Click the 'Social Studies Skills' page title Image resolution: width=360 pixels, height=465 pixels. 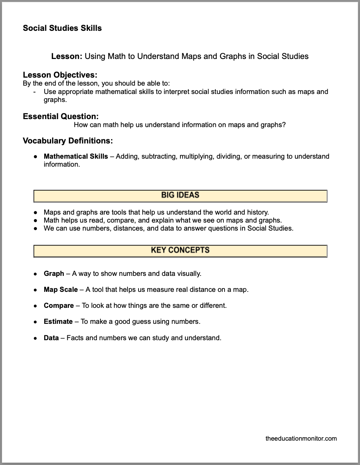tap(62, 28)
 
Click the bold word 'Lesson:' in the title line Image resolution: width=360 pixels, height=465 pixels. tap(67, 56)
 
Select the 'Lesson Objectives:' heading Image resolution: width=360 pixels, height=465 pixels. tap(60, 75)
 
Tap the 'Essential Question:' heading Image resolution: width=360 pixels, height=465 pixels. tap(61, 116)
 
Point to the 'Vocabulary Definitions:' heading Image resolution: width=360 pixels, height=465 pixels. tap(68, 141)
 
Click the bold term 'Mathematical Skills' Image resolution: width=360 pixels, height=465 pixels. tap(76, 156)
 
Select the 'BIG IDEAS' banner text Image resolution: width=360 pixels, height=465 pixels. tap(180, 195)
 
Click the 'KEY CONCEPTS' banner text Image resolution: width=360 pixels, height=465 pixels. tap(180, 250)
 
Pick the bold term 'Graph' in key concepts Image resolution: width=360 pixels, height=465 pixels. tap(54, 274)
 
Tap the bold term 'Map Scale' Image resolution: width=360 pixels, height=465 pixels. tap(61, 290)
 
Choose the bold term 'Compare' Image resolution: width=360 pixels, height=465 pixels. tap(59, 306)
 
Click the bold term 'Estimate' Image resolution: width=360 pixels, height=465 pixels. tap(58, 322)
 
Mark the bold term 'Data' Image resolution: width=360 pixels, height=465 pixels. tap(51, 338)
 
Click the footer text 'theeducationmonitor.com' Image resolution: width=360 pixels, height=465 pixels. tap(301, 438)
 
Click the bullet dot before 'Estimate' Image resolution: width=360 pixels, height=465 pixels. tap(35, 322)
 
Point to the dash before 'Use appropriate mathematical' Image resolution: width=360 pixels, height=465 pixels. tap(35, 92)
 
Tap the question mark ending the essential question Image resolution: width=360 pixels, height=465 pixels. tap(284, 125)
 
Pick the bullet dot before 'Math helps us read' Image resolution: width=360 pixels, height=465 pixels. tap(35, 221)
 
